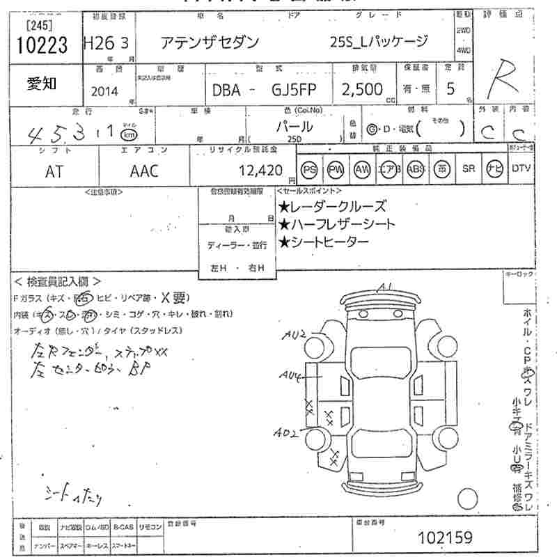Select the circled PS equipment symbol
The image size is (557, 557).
(308, 169)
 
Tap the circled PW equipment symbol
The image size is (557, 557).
(336, 169)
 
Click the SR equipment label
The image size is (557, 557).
(468, 168)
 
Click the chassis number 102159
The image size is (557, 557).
(446, 538)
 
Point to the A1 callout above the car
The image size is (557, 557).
(386, 286)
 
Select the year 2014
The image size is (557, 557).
(104, 91)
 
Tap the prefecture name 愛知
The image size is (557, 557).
(42, 84)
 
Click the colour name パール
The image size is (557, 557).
(295, 127)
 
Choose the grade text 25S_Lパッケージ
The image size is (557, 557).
(379, 42)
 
